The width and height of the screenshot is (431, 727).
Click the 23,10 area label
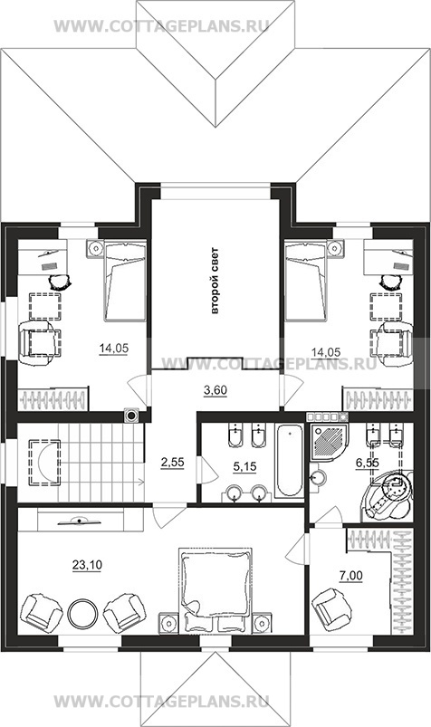(87, 565)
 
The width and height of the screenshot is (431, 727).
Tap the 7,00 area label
(351, 576)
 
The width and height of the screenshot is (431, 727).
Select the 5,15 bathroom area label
(244, 466)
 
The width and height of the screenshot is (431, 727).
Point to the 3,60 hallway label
(215, 390)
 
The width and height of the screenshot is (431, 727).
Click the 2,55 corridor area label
(173, 463)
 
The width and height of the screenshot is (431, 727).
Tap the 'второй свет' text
(215, 281)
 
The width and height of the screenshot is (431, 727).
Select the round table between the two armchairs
(82, 614)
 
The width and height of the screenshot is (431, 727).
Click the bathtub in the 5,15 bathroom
(290, 460)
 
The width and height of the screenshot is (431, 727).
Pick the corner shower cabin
(329, 441)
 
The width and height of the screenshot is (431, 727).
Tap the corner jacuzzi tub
(388, 496)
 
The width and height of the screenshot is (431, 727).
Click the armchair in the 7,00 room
(332, 608)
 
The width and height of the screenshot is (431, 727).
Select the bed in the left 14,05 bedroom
(125, 281)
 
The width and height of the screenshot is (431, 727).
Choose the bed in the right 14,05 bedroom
(306, 281)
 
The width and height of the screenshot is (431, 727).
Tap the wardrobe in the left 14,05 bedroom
(53, 398)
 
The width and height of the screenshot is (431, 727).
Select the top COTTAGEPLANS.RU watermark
(161, 25)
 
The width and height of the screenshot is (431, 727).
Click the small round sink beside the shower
(318, 476)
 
